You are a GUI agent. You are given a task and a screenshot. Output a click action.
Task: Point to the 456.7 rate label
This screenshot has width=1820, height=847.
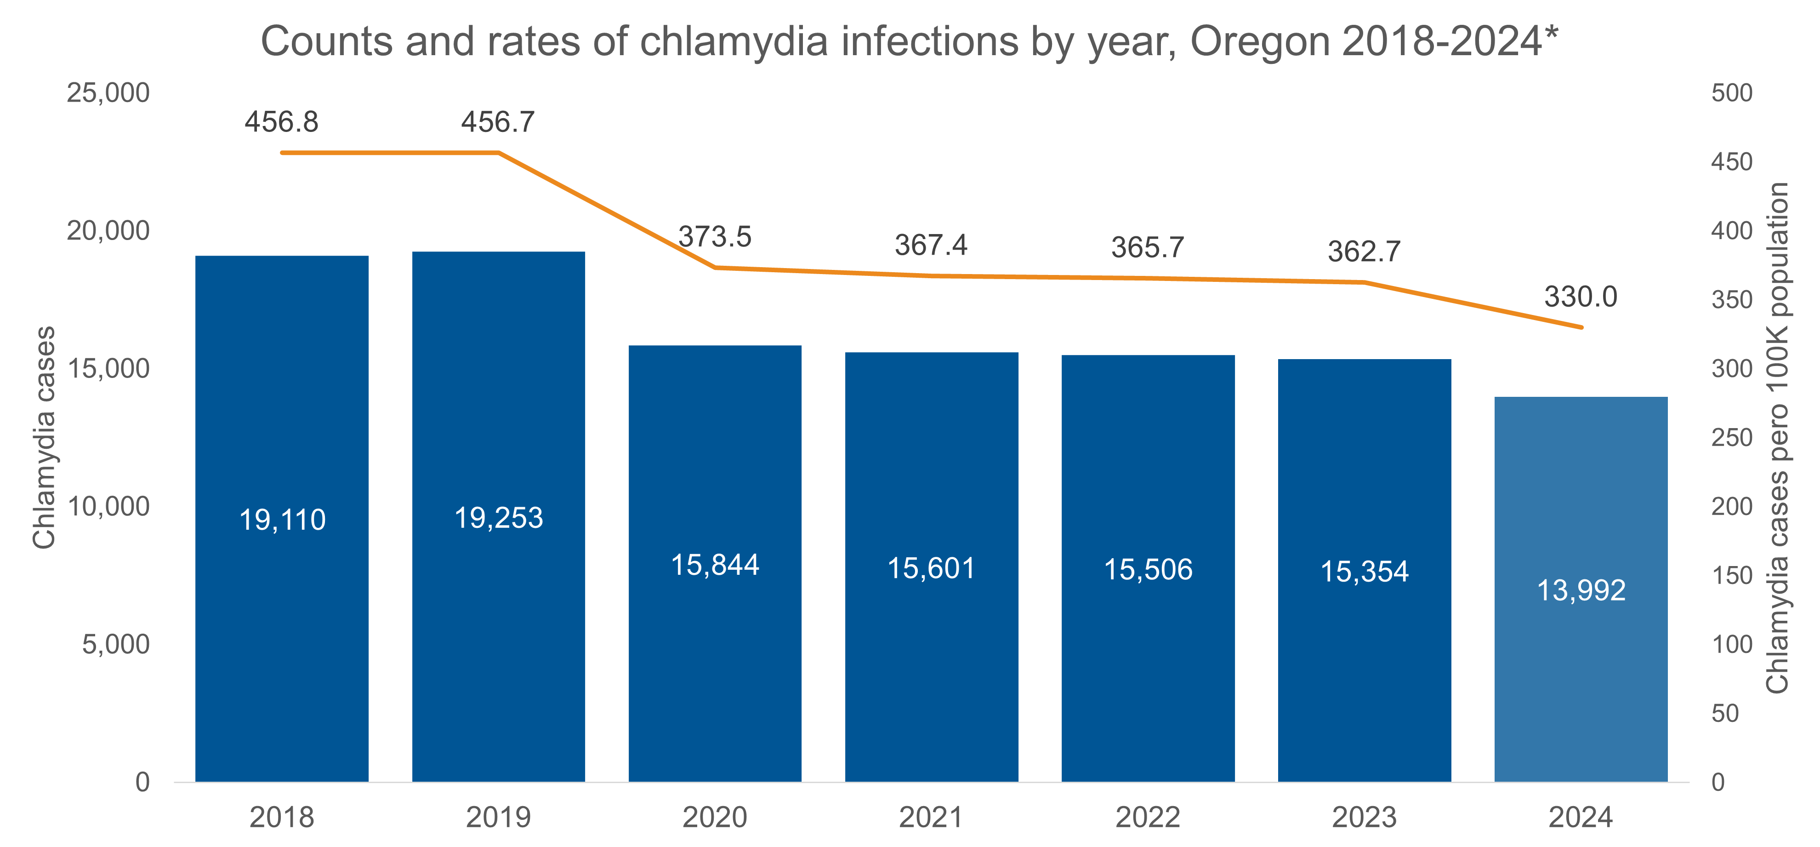coord(498,122)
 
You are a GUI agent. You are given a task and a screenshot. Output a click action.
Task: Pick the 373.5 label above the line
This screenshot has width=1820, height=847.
coord(715,237)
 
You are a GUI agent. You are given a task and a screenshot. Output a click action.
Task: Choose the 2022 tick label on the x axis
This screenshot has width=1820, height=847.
coord(1148,817)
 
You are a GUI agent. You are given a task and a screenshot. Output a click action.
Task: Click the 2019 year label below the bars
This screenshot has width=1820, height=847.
coord(498,817)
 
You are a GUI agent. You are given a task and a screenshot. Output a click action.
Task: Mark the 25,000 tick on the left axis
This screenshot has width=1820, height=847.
coord(108,92)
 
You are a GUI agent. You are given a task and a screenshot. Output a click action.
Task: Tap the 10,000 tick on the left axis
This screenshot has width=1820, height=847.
coord(108,506)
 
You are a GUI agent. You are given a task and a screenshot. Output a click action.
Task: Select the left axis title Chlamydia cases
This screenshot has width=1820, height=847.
coord(44,437)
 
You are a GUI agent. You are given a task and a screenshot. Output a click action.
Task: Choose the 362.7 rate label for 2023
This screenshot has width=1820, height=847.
coord(1364,252)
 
